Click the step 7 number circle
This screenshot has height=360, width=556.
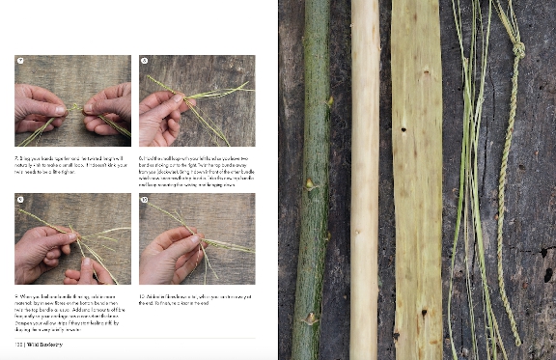pyautogui.click(x=20, y=61)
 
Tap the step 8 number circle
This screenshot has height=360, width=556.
pyautogui.click(x=145, y=61)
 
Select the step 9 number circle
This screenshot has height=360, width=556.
pyautogui.click(x=20, y=199)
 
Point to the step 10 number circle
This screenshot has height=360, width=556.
pyautogui.click(x=145, y=199)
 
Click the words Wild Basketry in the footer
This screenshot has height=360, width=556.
pyautogui.click(x=45, y=341)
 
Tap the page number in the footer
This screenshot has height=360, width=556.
pyautogui.click(x=17, y=341)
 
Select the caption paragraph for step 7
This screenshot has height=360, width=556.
pyautogui.click(x=72, y=160)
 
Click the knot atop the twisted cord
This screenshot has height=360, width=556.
pyautogui.click(x=517, y=48)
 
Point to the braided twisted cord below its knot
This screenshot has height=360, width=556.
pyautogui.click(x=507, y=193)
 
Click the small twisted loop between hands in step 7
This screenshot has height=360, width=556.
pyautogui.click(x=73, y=108)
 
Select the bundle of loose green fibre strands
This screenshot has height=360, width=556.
pyautogui.click(x=468, y=174)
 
